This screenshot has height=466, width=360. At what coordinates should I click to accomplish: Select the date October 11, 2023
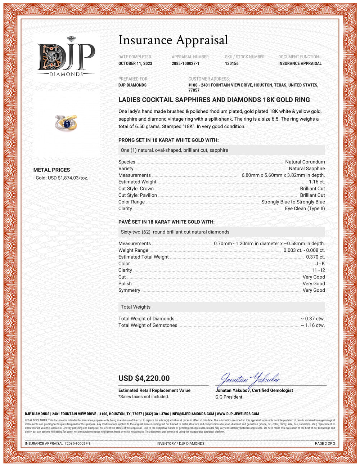tap(135, 63)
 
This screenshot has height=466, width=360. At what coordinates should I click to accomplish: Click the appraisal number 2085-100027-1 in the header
tap(185, 63)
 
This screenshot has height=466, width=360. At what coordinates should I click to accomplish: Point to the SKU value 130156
tap(232, 63)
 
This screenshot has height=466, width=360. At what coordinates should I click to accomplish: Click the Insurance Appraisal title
tap(173, 40)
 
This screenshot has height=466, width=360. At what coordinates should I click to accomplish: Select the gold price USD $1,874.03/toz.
tap(62, 178)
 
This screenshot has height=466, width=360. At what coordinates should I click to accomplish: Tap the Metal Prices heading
tap(51, 170)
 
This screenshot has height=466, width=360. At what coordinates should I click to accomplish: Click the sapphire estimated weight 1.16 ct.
tap(316, 182)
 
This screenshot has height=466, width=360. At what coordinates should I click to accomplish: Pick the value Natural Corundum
tap(305, 162)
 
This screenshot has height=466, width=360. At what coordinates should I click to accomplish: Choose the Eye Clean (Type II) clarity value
tap(305, 209)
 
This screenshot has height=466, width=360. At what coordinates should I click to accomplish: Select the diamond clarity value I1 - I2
tap(319, 270)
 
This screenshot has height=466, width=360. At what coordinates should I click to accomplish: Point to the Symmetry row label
tap(129, 290)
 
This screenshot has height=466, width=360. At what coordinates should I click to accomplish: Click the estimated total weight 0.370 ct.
tap(315, 257)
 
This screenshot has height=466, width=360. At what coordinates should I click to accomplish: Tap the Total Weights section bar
tap(221, 307)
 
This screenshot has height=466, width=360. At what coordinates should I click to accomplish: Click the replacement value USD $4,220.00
tap(144, 378)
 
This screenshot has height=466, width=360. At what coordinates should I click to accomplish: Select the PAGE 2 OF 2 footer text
tap(325, 443)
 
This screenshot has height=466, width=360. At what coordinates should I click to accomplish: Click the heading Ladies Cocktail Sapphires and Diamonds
tap(214, 100)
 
